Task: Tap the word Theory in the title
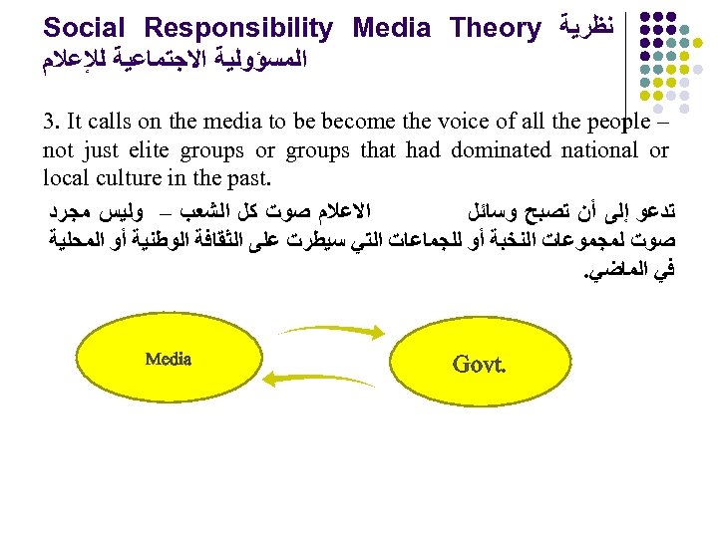click(x=495, y=28)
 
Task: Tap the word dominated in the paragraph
click(x=500, y=151)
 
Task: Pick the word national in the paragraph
click(x=600, y=151)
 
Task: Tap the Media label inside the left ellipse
click(x=168, y=360)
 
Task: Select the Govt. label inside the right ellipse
click(x=479, y=364)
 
